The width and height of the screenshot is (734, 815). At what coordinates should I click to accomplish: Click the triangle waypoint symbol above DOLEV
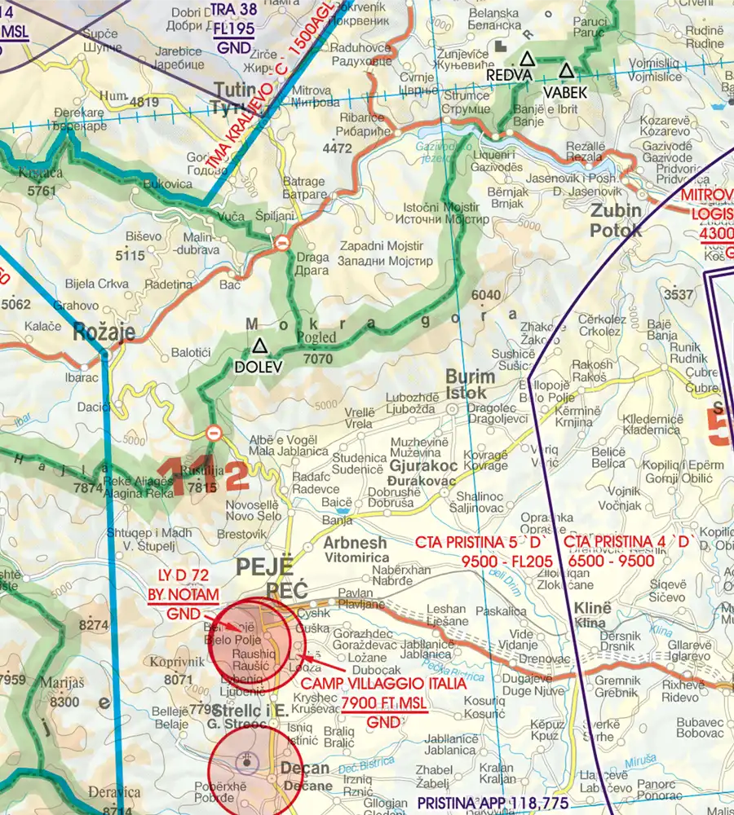(259, 347)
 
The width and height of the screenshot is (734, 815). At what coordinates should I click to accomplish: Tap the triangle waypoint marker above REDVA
(528, 59)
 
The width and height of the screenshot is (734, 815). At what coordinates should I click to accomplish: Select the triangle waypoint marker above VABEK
(566, 71)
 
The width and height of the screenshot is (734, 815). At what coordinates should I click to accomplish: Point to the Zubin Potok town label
(616, 220)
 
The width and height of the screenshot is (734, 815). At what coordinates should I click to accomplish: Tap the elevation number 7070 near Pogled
(317, 357)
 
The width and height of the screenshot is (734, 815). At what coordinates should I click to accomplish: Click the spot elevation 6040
(485, 294)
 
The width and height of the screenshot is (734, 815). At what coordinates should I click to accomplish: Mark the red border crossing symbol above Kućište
(214, 432)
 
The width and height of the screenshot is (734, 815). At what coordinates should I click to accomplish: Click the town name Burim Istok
(471, 385)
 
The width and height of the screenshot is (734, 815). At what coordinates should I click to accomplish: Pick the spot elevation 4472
(337, 148)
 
